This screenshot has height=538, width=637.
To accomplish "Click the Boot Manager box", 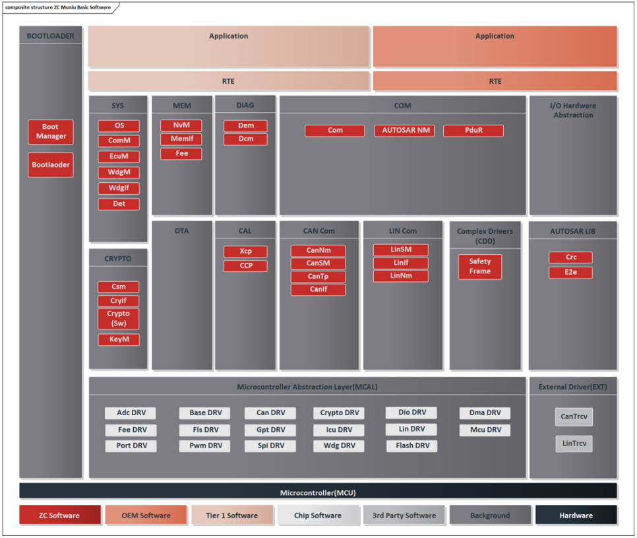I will coord(51,131).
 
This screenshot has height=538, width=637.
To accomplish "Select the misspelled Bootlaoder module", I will coord(51,165).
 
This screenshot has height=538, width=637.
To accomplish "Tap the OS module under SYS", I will coord(119,125).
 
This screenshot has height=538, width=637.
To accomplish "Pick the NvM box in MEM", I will coord(181,125).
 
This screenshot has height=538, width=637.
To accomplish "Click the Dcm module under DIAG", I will coord(245,139).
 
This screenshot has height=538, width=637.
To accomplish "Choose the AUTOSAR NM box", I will coord(406,131).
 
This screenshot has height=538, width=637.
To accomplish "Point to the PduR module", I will coord(473,131).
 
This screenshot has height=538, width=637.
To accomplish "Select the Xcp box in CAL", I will coord(245,252).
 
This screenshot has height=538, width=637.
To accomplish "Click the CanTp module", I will coord(318,277).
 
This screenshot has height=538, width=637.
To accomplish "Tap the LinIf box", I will coord(400,263).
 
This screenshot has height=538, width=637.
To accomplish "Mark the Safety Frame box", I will coord(479,266).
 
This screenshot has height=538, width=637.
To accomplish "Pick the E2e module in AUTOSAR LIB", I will coord(570,273).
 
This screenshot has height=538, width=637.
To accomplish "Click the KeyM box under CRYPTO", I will coord(119,340).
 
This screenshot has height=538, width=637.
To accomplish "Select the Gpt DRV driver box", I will coord(271,430).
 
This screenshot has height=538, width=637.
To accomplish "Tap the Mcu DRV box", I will coord(485,430).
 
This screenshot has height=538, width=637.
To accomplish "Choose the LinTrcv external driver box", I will coord(573,444).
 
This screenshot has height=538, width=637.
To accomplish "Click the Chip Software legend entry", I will coord(317,516).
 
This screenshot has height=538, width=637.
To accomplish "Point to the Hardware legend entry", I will coord(576,516).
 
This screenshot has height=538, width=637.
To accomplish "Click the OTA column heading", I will coord(181,231).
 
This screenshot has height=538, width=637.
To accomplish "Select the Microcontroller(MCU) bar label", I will coord(318,492).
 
